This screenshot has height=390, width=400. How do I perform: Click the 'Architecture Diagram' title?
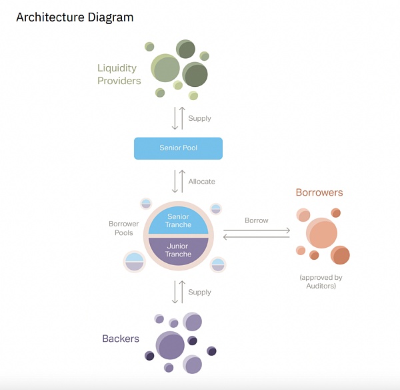pyautogui.click(x=75, y=17)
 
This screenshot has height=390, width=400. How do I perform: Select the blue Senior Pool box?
pyautogui.click(x=178, y=148)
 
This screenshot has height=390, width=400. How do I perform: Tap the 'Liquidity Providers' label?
pyautogui.click(x=119, y=74)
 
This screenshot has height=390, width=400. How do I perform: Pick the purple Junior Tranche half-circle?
pyautogui.click(x=178, y=250)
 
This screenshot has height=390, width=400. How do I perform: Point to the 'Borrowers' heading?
pyautogui.click(x=319, y=192)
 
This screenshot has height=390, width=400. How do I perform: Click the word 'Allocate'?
pyautogui.click(x=202, y=181)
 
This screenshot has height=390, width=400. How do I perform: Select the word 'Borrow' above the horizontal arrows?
pyautogui.click(x=257, y=220)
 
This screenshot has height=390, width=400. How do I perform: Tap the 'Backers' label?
pyautogui.click(x=121, y=339)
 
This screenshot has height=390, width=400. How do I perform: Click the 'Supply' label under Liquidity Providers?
pyautogui.click(x=199, y=118)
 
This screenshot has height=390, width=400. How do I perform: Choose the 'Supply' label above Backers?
pyautogui.click(x=199, y=292)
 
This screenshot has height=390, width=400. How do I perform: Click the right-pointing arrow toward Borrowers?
pyautogui.click(x=257, y=230)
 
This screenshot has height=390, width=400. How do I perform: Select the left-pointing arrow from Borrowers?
pyautogui.click(x=257, y=237)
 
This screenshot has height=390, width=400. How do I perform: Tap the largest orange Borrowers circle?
pyautogui.click(x=322, y=234)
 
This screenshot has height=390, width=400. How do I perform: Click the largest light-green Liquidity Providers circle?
pyautogui.click(x=165, y=68)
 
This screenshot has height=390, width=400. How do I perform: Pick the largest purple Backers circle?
pyautogui.click(x=170, y=346)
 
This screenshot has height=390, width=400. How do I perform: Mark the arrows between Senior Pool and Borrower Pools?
pyautogui.click(x=178, y=181)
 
